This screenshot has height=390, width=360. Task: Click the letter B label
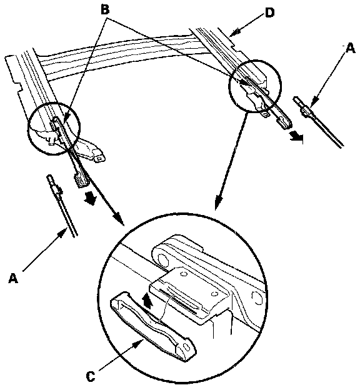pyautogui.click(x=105, y=11)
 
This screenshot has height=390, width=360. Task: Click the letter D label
pyautogui.click(x=270, y=13)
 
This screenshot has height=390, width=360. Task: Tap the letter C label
pyautogui.click(x=91, y=377)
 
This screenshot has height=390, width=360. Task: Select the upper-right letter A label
pyautogui.click(x=351, y=48)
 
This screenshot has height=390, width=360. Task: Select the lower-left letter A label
pyautogui.click(x=13, y=278)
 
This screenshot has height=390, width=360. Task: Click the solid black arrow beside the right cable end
pyautogui.click(x=297, y=137)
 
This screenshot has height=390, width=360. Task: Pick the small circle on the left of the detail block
pyautogui.click(x=184, y=274)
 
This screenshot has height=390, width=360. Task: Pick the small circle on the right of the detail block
pyautogui.click(x=213, y=294)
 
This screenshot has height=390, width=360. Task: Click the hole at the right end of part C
pyautogui.click(x=186, y=347)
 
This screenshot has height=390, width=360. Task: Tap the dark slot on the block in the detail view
pyautogui.click(x=178, y=301)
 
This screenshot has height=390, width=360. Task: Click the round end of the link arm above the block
pyautogui.click(x=161, y=259)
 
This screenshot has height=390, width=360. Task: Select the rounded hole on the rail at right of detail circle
pyautogui.click(x=257, y=298)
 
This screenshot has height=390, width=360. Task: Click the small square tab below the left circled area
pyautogui.click(x=99, y=159)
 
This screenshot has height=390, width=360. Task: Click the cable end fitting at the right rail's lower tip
pyautogui.click(x=284, y=123)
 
